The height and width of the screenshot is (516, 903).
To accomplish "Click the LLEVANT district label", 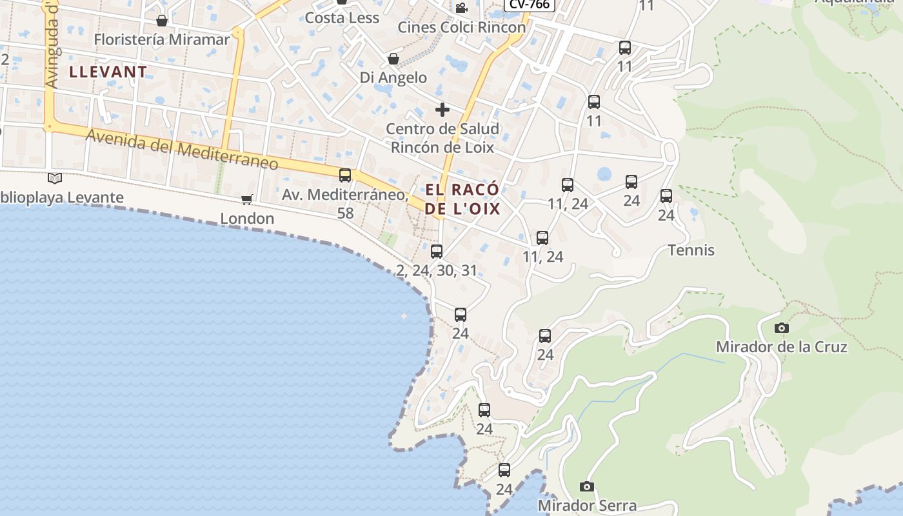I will (x=108, y=72).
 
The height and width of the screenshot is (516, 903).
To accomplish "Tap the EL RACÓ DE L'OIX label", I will (x=462, y=199).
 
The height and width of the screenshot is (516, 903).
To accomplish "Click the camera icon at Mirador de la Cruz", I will (x=782, y=328).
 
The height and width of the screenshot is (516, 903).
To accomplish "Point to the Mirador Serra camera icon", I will (x=586, y=486).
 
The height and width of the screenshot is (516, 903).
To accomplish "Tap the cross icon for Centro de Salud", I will (x=442, y=110).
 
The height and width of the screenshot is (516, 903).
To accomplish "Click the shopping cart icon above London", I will (x=247, y=199).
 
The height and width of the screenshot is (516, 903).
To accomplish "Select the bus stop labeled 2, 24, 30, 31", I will (x=437, y=252).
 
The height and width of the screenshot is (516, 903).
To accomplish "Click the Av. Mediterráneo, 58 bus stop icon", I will (x=345, y=175).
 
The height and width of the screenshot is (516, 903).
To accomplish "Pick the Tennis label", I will (x=691, y=250).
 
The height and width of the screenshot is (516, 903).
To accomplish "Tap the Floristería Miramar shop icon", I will (x=162, y=21).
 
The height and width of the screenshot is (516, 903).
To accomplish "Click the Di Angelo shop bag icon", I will (x=393, y=59).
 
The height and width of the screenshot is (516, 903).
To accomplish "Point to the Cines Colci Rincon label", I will (x=462, y=27).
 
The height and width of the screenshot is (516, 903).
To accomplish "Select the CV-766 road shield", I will (x=529, y=5).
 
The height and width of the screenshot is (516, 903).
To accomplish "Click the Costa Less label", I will (x=342, y=18).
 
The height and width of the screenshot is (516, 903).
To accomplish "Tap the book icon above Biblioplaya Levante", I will (x=55, y=178).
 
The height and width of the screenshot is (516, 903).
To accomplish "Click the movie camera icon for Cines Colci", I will (x=461, y=8).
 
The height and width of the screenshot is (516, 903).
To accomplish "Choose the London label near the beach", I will (x=247, y=219).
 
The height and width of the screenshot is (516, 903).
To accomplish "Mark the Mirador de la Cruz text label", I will (x=782, y=347).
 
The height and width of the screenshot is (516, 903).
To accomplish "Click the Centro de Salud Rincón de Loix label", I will (x=442, y=138).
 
